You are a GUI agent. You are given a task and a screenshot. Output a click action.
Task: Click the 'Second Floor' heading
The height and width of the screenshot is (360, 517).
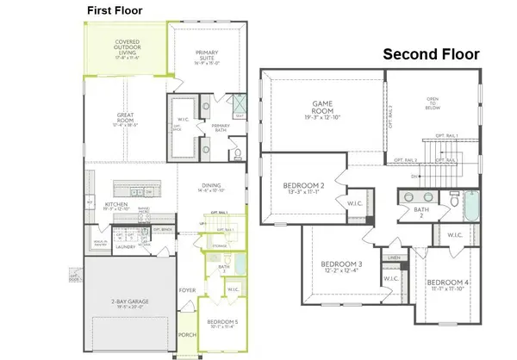pos(431,54)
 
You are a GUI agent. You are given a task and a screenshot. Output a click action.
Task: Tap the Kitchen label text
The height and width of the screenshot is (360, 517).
pos(115,204)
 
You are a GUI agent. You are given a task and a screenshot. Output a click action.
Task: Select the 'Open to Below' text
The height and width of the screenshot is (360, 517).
pos(432,103)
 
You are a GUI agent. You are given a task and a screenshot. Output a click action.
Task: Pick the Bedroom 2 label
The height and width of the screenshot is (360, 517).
pos(303,189)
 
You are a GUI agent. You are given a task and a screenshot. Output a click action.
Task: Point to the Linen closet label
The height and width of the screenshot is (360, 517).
pos(393,258)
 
